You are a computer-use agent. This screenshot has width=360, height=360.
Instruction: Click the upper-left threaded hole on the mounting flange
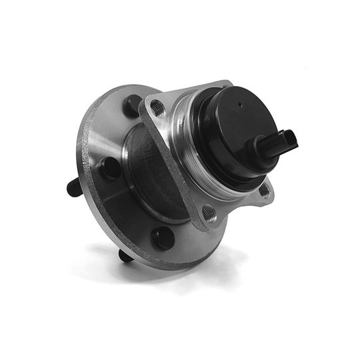[158, 107]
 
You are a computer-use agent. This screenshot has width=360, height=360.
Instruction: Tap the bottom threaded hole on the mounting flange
[209, 214]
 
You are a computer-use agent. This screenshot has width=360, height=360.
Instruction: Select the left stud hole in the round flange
[110, 167]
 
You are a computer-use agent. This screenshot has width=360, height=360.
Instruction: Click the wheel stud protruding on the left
[74, 188]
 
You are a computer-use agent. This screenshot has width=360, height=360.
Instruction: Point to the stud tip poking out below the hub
[125, 255]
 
